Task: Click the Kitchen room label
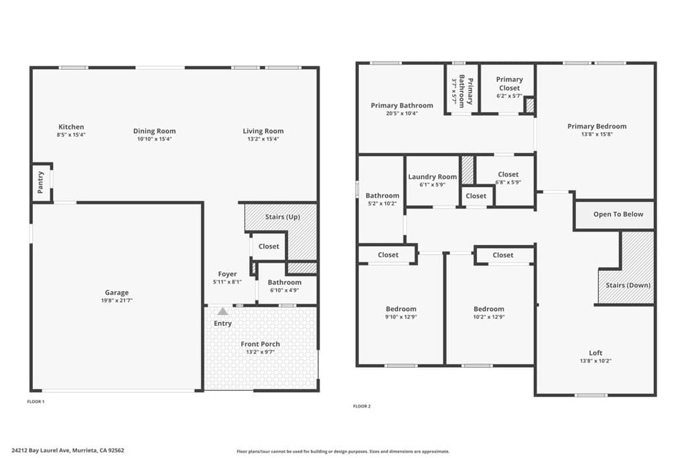(x=71, y=127)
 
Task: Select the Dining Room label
(x=154, y=131)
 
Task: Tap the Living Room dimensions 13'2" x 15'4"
(x=263, y=139)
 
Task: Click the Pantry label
(x=41, y=182)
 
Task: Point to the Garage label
(x=117, y=292)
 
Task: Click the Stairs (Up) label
(x=282, y=217)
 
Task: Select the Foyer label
(x=227, y=274)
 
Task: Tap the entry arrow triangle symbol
(x=222, y=311)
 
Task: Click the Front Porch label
(x=261, y=344)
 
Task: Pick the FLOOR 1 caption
(x=36, y=401)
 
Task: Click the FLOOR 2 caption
(x=362, y=406)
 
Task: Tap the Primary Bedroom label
(x=597, y=126)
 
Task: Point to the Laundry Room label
(x=433, y=177)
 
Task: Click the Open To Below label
(x=618, y=215)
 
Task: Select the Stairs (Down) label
(x=628, y=285)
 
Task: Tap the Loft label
(x=596, y=353)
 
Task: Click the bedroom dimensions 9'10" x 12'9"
(x=401, y=317)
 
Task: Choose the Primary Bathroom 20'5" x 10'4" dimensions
(x=402, y=113)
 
